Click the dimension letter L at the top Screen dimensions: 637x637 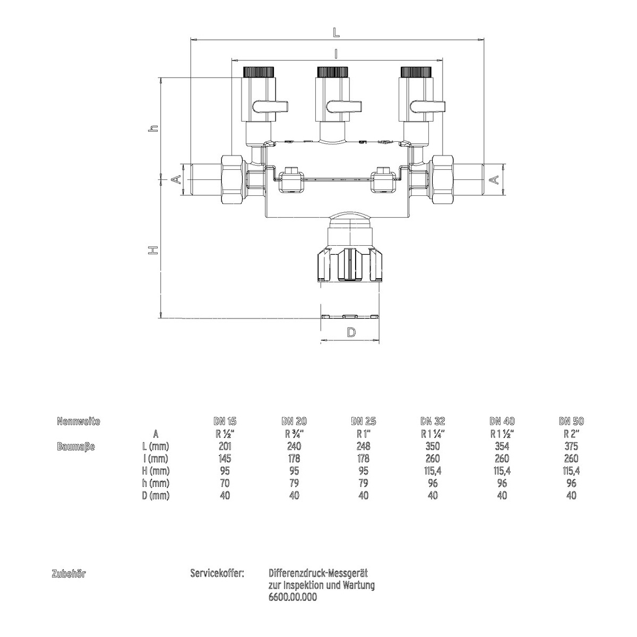pos(336,32)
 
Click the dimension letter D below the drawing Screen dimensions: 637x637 pos(351,332)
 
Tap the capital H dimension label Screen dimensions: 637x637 pos(153,250)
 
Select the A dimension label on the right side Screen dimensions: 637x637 pos(494,180)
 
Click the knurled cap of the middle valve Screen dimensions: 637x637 pos(332,72)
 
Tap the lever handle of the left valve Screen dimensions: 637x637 pos(270,107)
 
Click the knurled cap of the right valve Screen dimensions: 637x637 pos(416,72)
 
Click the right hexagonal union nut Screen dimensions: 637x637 pos(442,180)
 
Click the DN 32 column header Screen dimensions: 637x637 pos(433,421)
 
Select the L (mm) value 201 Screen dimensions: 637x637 pos(225,446)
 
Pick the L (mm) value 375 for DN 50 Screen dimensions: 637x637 pos(571,446)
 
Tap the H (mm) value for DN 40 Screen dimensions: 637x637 pos(502,471)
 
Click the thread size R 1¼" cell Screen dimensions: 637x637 pos(433,434)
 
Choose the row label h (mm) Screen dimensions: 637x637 pos(156,483)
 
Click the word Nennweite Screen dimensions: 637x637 pos(79,421)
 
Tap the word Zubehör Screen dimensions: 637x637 pos(68,574)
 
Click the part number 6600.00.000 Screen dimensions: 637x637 pos(292,597)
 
